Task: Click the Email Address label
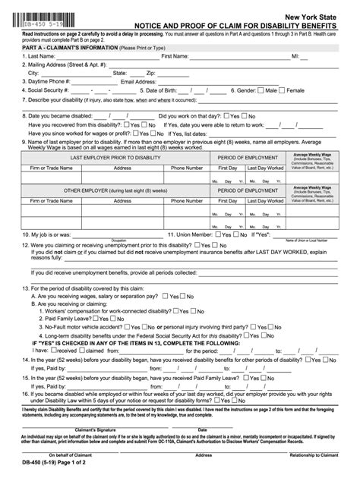tap(139, 81)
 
